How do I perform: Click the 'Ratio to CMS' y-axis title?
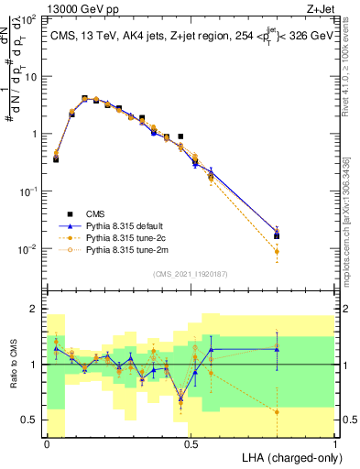point(13,365)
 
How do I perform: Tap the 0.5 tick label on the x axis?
point(191,443)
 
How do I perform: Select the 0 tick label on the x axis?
point(47,443)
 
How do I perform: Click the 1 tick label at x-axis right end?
point(334,443)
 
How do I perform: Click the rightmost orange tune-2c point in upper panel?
point(278,250)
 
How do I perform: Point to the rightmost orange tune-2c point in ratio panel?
point(278,411)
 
